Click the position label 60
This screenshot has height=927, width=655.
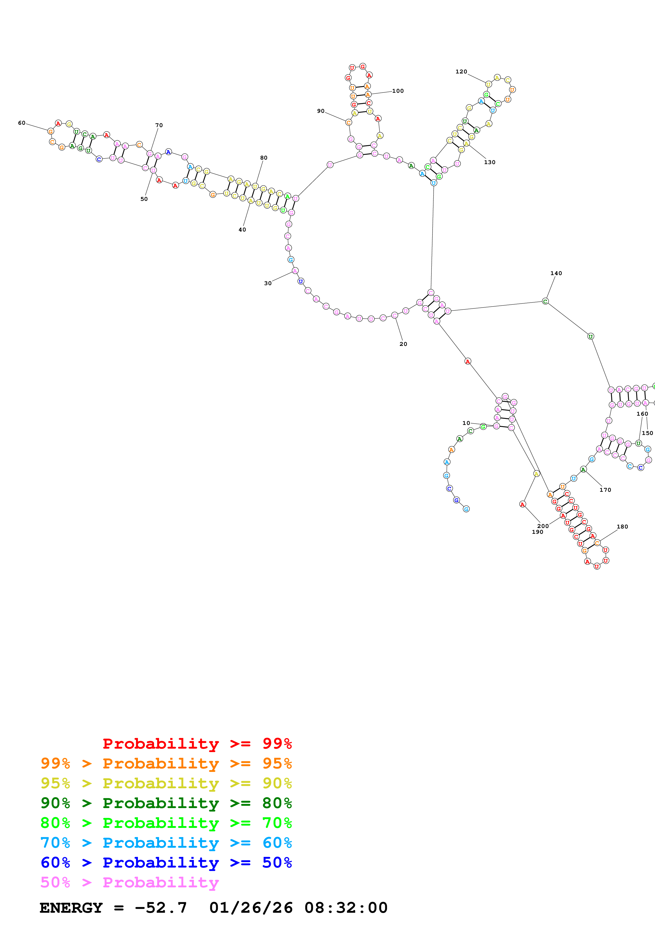(x=21, y=123)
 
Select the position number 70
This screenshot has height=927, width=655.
(x=159, y=125)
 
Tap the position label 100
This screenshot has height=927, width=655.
(x=398, y=91)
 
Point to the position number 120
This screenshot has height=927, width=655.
(x=461, y=71)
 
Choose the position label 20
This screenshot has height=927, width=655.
(x=403, y=344)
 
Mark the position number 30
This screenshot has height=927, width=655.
(x=268, y=284)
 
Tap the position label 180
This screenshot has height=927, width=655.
(x=622, y=526)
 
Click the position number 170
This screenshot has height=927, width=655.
(x=605, y=490)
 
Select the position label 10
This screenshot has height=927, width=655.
(x=466, y=423)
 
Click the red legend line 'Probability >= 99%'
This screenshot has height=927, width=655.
(x=197, y=744)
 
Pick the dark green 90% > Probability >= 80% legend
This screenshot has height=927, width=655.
(x=166, y=803)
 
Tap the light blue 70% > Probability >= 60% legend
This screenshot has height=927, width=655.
(x=166, y=843)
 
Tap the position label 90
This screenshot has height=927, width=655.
(x=320, y=111)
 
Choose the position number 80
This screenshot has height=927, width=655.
(x=263, y=158)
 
